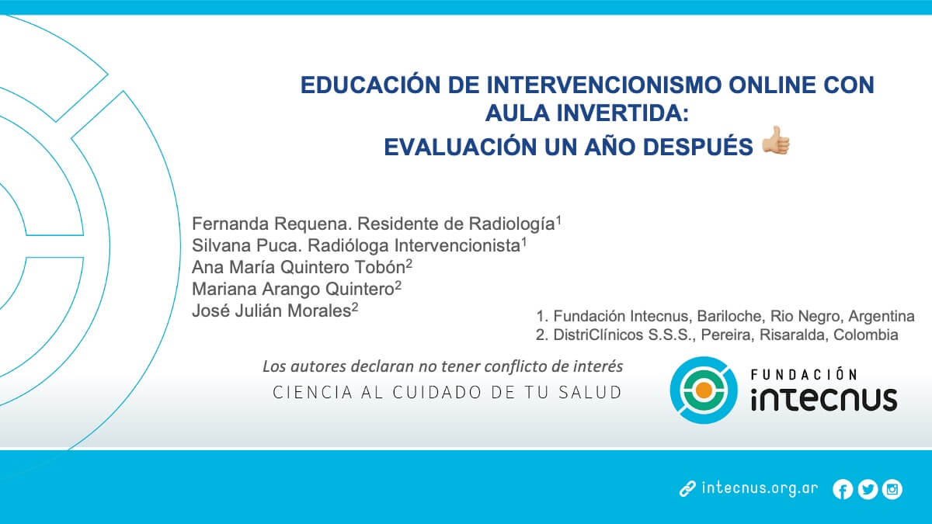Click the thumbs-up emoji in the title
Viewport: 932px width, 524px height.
pos(775,143)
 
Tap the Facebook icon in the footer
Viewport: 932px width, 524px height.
pos(843,489)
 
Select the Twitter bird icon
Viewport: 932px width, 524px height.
pos(868,489)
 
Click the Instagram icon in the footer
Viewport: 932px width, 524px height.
pos(892,489)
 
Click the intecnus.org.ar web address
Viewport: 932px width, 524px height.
pos(760,489)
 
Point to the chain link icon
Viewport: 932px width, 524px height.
pos(687,489)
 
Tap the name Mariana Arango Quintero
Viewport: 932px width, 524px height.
pos(294,289)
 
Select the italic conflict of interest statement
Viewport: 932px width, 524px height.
pos(443,366)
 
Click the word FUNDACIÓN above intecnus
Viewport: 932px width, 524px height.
pos(815,375)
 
